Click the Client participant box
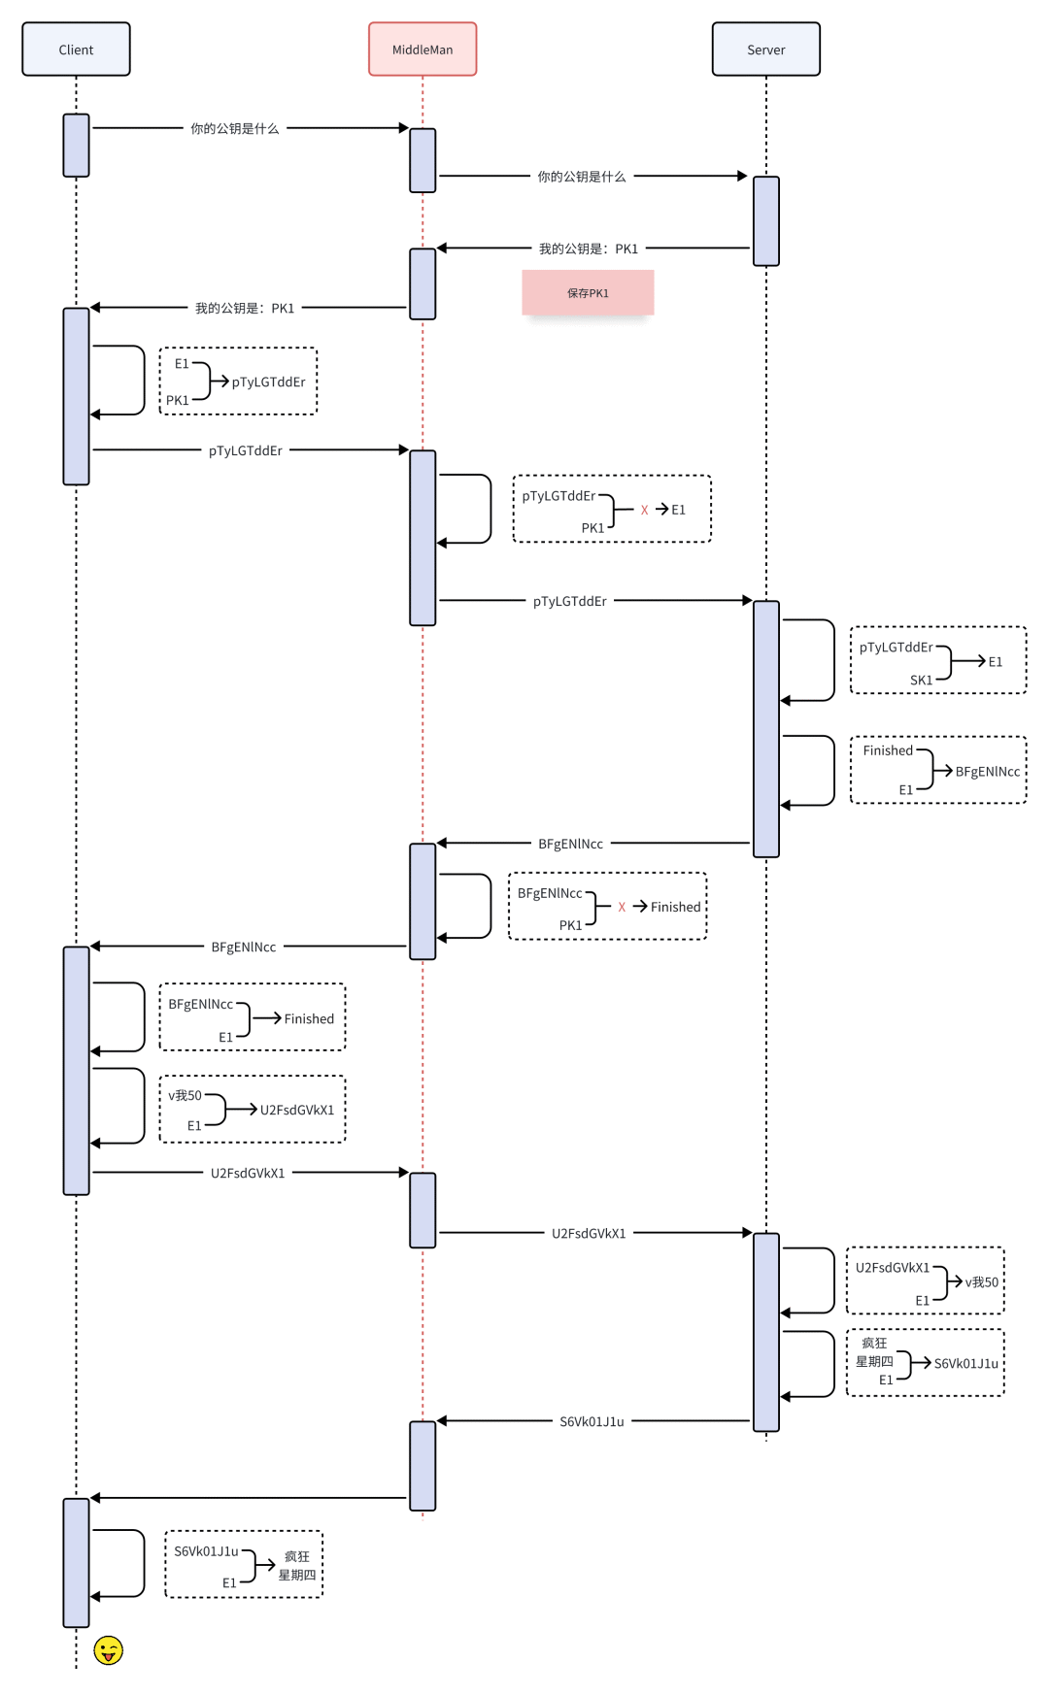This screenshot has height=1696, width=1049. tap(76, 50)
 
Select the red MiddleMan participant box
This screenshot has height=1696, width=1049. tap(423, 50)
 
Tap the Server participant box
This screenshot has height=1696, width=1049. tap(765, 50)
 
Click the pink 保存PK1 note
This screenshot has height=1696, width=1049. tap(588, 293)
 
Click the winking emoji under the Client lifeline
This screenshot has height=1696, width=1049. tap(108, 1649)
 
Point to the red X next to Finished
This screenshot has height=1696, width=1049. tap(622, 907)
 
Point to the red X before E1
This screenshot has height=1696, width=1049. tap(644, 510)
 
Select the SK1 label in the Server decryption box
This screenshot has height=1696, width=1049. tap(921, 680)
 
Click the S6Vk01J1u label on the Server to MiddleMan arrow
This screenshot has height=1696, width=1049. tap(592, 1421)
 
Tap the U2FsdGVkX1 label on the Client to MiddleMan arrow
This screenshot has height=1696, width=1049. tap(248, 1173)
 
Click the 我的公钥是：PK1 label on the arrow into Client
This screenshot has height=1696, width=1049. tap(245, 308)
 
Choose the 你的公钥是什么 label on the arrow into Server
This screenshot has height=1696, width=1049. tap(582, 177)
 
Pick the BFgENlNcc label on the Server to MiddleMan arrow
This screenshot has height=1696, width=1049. tap(570, 844)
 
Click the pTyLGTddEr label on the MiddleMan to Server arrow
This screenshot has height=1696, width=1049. tap(569, 601)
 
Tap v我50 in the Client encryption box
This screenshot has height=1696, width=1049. tap(185, 1095)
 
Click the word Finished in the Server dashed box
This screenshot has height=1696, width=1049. tap(888, 750)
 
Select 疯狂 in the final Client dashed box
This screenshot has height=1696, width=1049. tap(296, 1556)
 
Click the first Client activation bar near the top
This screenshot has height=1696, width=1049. tap(76, 146)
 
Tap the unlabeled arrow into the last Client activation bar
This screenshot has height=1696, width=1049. tap(248, 1498)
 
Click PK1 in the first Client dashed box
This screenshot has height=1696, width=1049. tap(177, 400)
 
